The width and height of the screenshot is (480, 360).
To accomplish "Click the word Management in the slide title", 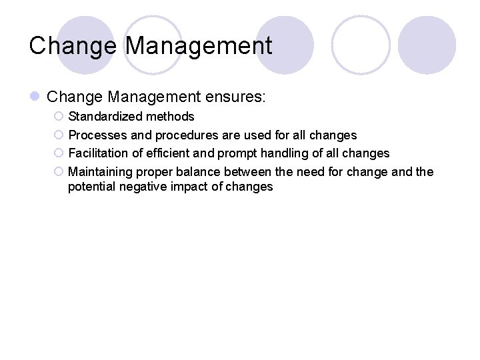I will pos(199,46).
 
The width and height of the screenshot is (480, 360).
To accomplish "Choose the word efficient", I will pos(168,153).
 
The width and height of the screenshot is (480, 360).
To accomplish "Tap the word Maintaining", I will pos(101,172).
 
